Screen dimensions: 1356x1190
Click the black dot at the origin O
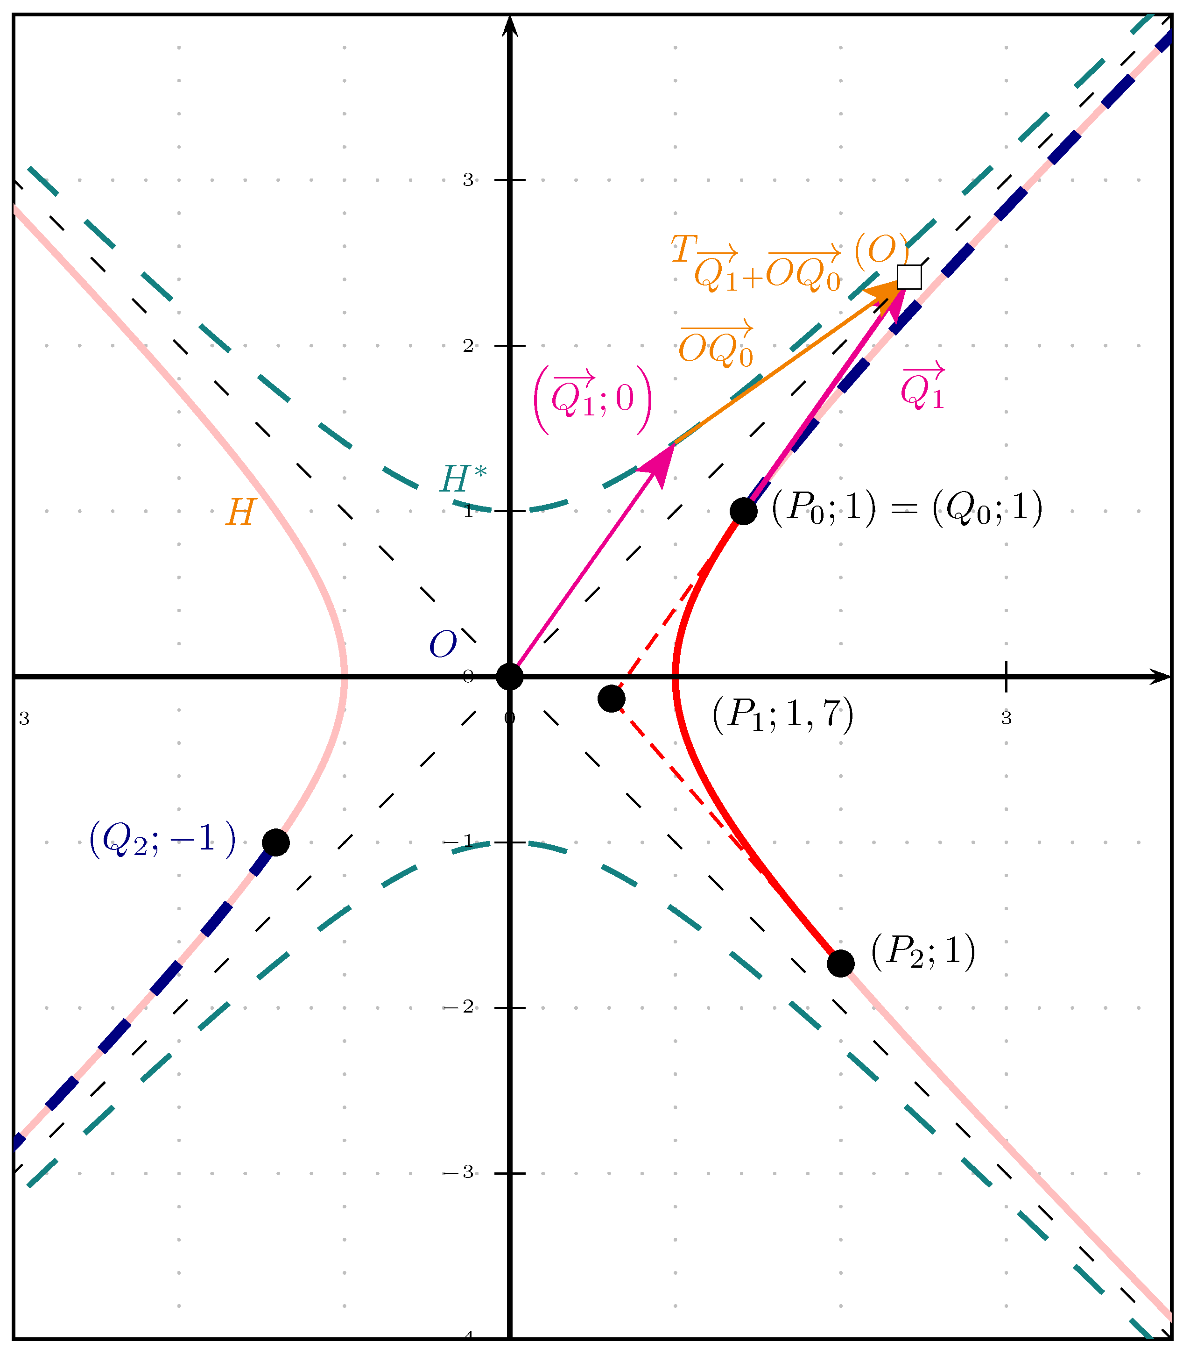509,676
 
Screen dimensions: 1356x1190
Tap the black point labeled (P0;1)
743,511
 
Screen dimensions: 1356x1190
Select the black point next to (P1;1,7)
611,699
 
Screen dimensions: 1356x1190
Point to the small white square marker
909,277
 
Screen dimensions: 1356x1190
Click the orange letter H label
240,512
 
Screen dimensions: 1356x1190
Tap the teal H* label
463,478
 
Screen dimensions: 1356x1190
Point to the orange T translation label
789,262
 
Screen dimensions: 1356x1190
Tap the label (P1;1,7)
782,715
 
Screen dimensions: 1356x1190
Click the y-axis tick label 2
468,346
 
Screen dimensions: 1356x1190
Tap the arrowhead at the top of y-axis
509,25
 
